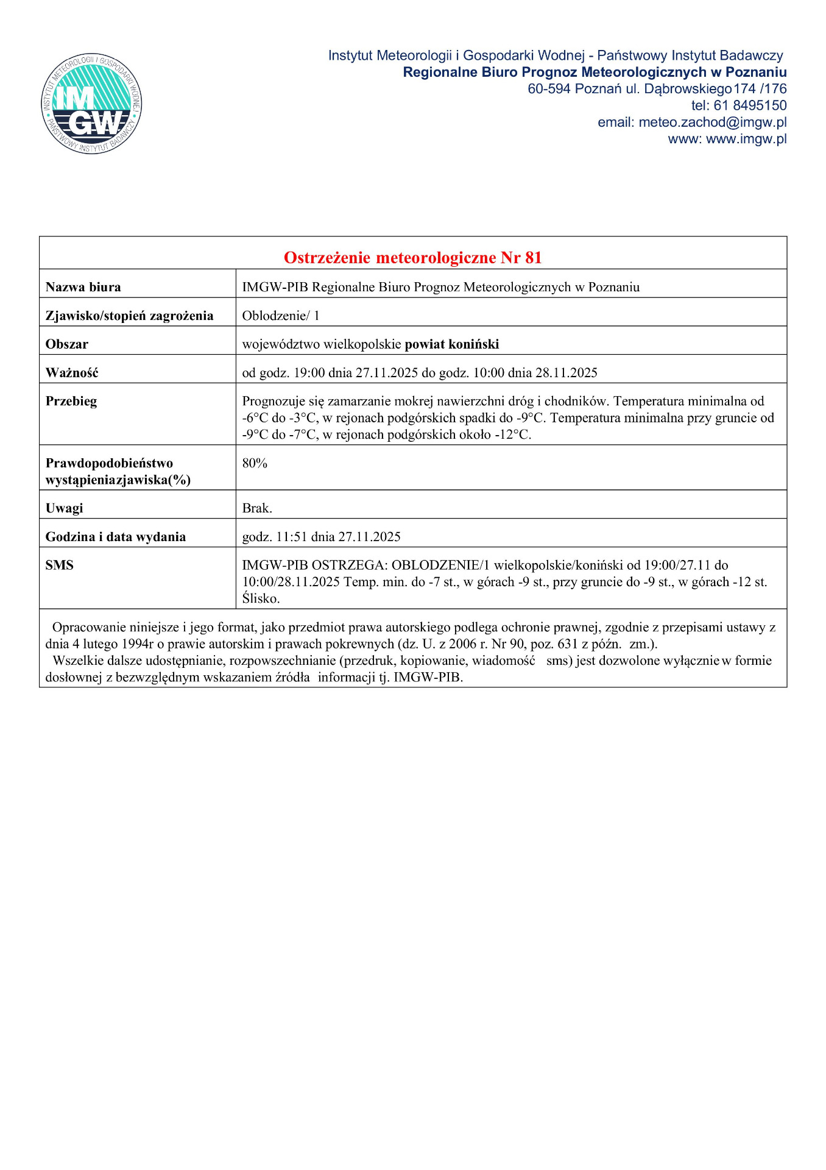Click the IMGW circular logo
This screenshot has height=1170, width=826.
(x=91, y=103)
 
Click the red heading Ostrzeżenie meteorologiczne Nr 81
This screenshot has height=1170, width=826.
(x=412, y=258)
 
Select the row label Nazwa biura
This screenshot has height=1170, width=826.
(x=83, y=287)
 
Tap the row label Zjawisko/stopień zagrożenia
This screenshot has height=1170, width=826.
(x=129, y=316)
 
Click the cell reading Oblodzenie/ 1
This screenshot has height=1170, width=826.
(x=280, y=316)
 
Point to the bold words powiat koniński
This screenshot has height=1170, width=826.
(x=451, y=344)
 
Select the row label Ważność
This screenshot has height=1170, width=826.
(x=72, y=373)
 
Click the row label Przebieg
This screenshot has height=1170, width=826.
(x=71, y=402)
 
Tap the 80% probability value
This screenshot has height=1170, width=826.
(x=255, y=463)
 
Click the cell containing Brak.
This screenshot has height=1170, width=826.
(x=257, y=508)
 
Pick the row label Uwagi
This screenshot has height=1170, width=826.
(x=64, y=508)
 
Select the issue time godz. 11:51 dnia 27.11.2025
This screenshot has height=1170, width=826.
(x=321, y=537)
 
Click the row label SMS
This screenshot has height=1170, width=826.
(x=59, y=565)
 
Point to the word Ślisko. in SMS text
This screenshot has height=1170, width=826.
(x=261, y=598)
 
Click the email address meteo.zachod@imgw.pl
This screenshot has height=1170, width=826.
(x=712, y=122)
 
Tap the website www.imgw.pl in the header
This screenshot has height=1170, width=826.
(x=746, y=139)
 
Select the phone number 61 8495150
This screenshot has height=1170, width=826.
(x=750, y=105)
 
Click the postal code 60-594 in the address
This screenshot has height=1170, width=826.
(x=549, y=89)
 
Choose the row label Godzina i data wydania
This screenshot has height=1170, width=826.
(x=115, y=537)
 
